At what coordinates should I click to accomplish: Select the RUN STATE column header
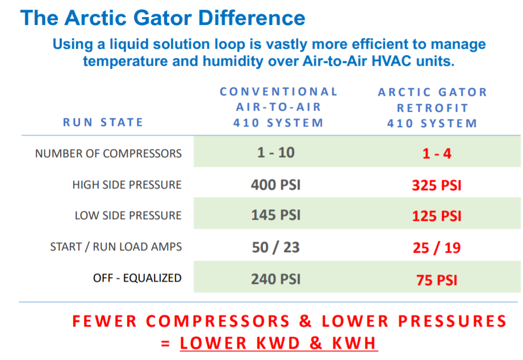[x=103, y=123]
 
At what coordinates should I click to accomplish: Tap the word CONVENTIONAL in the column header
[x=278, y=91]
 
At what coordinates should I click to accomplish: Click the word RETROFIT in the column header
[x=433, y=108]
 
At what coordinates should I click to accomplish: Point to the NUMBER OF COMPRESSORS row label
[x=108, y=153]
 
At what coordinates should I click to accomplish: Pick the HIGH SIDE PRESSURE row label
[x=127, y=185]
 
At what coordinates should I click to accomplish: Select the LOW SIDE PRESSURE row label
[x=128, y=216]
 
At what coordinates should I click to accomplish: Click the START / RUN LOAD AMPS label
[x=116, y=247]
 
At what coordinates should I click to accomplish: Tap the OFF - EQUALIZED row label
[x=137, y=278]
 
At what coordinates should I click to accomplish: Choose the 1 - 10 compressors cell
[x=276, y=153]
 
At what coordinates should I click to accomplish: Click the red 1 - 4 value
[x=437, y=153]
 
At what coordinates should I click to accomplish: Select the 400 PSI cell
[x=276, y=185]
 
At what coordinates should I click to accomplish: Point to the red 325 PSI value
[x=437, y=185]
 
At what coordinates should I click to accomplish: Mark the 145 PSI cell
[x=276, y=215]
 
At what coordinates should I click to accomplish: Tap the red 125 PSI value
[x=437, y=216]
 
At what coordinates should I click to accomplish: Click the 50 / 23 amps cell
[x=276, y=247]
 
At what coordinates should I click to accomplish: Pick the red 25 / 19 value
[x=437, y=248]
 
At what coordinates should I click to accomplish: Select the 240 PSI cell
[x=276, y=279]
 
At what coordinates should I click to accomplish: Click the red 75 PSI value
[x=437, y=280]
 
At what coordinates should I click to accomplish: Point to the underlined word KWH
[x=354, y=344]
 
